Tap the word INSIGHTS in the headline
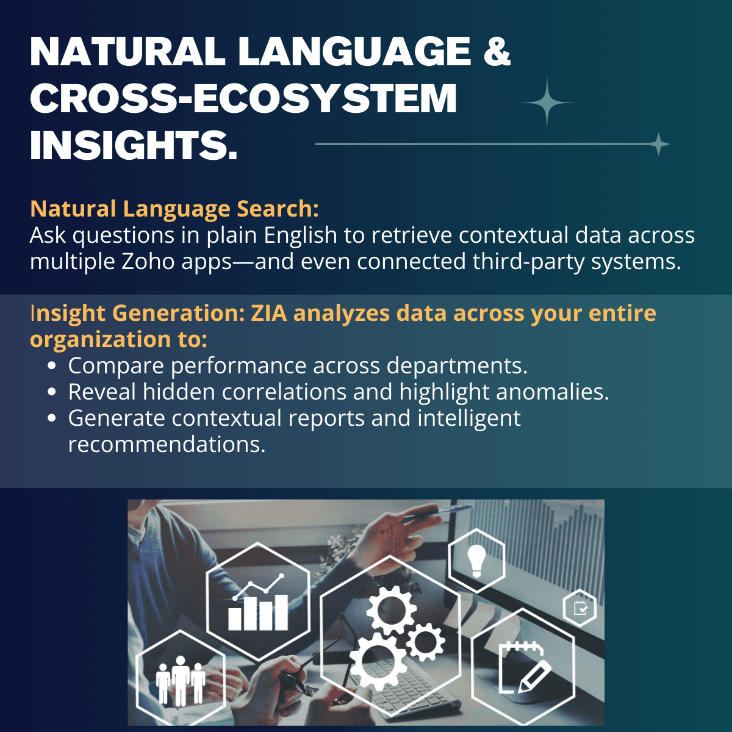pos(134,146)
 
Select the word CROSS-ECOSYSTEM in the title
pos(243,98)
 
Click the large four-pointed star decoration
pos(547,102)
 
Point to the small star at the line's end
pos(659,144)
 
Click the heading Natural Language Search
pos(174,209)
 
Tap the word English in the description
pos(300,235)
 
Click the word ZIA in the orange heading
pos(268,314)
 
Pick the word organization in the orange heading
pos(101,339)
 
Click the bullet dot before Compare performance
pos(52,366)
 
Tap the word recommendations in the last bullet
pos(167,443)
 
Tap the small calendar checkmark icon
pos(580,608)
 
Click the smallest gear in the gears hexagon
pos(425,642)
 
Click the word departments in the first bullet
pos(457,366)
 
